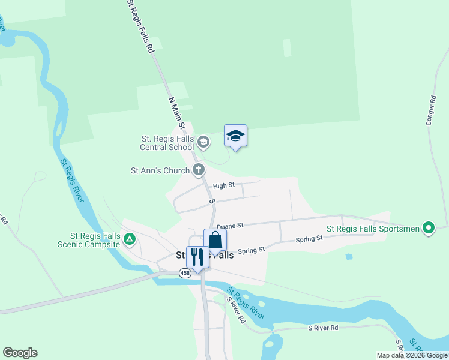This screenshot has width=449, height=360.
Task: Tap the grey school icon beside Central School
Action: coord(203,142)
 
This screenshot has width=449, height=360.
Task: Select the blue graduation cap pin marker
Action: coord(235,137)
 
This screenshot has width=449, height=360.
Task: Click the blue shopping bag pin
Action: coord(215,241)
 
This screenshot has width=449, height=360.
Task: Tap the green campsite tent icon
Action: coord(129,239)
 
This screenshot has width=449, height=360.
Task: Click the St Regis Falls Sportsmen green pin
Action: coord(428,228)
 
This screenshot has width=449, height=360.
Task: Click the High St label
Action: coord(223,186)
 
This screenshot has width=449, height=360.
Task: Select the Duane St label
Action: coord(229,226)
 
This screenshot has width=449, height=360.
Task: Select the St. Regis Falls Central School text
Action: coord(167,143)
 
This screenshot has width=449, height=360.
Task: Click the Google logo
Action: coord(20,353)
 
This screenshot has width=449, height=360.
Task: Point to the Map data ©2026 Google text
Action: coord(411,355)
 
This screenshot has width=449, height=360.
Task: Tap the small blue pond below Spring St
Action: coord(349,257)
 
